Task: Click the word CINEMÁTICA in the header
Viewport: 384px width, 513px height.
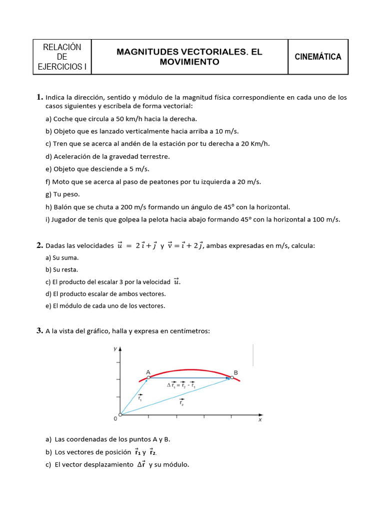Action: (318, 57)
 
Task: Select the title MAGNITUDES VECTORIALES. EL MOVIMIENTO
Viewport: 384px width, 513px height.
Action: (189, 57)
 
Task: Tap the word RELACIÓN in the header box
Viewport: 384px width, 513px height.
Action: (62, 48)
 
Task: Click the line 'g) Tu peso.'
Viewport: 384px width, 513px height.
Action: (62, 194)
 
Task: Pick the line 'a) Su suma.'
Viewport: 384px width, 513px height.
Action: (62, 258)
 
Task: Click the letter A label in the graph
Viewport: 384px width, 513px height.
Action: (148, 372)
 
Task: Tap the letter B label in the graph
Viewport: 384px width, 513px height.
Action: (236, 372)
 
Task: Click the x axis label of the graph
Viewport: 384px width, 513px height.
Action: (260, 420)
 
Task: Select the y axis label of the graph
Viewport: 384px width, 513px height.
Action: (115, 348)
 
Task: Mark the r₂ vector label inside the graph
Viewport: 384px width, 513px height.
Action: (180, 402)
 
